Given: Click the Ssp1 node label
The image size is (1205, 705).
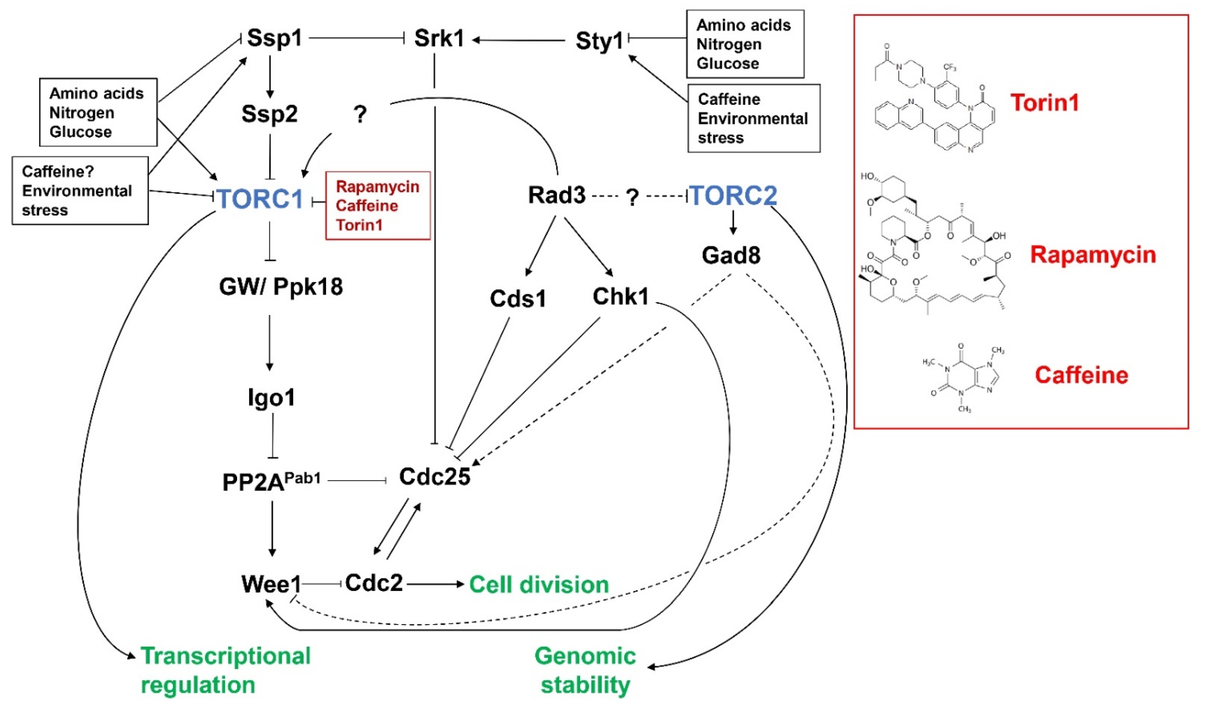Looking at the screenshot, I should (274, 38).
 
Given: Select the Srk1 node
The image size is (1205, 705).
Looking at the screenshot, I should (439, 38).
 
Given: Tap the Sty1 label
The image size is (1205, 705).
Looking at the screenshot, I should (599, 41).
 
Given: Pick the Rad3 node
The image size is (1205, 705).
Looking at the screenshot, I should (557, 195).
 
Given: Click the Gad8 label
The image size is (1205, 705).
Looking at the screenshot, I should (731, 255).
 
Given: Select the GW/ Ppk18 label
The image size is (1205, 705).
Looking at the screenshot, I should (281, 287).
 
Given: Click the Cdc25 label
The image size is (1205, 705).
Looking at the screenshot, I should (434, 476).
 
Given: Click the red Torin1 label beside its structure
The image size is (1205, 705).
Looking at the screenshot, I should (1045, 103).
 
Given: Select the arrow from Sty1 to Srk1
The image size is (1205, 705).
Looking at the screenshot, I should (519, 41).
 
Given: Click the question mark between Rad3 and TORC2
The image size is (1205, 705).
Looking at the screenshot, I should (632, 197).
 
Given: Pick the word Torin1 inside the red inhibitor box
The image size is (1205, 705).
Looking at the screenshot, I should (359, 225).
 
